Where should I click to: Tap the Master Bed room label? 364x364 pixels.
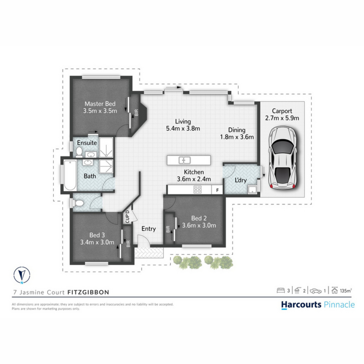(x=100, y=104)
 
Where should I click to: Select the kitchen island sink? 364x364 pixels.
(x=184, y=160)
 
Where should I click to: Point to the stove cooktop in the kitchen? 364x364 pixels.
(x=197, y=190)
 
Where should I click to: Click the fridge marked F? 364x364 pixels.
(x=217, y=190)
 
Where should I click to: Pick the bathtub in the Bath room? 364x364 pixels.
(x=70, y=175)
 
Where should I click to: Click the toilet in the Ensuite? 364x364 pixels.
(x=79, y=152)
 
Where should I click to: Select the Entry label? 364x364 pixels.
(x=149, y=229)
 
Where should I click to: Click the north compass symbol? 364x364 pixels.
(x=22, y=275)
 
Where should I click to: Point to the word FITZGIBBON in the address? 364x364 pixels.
(x=88, y=292)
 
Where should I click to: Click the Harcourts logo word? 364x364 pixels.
(x=301, y=305)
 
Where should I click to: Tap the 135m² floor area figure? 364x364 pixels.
(x=346, y=291)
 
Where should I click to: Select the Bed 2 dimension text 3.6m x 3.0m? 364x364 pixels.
(x=199, y=225)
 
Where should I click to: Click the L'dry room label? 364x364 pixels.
(x=241, y=180)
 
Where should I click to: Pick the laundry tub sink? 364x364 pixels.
(x=252, y=190)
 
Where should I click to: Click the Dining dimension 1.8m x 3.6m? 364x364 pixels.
(x=237, y=137)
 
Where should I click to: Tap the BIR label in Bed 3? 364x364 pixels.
(x=128, y=244)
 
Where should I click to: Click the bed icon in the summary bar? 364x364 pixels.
(x=281, y=290)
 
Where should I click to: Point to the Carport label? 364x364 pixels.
(x=282, y=111)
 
